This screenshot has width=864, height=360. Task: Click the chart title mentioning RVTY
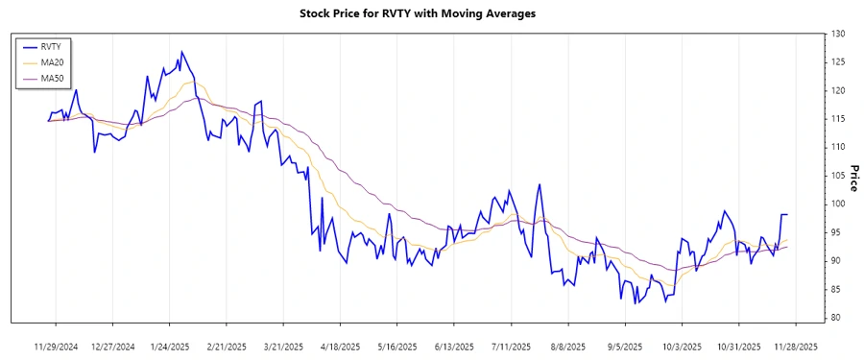click(x=431, y=13)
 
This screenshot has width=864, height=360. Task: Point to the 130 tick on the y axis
click(x=838, y=35)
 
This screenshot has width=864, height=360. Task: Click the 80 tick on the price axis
click(x=838, y=318)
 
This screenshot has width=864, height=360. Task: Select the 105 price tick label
click(x=838, y=176)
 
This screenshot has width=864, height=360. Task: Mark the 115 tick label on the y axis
click(x=838, y=119)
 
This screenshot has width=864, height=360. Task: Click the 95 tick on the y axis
click(x=838, y=232)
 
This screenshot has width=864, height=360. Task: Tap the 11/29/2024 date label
click(x=56, y=347)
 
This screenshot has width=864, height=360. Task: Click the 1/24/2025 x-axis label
click(x=170, y=347)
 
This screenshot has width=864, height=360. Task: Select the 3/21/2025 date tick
click(x=283, y=347)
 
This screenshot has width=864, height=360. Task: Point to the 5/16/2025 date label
click(x=397, y=347)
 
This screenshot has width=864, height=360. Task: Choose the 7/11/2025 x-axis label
click(x=511, y=347)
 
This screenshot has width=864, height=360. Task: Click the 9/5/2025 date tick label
click(x=625, y=347)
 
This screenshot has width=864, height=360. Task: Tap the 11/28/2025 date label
click(x=796, y=347)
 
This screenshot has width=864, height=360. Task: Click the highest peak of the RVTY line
click(x=181, y=52)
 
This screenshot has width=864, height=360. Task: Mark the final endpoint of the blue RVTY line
click(x=787, y=214)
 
